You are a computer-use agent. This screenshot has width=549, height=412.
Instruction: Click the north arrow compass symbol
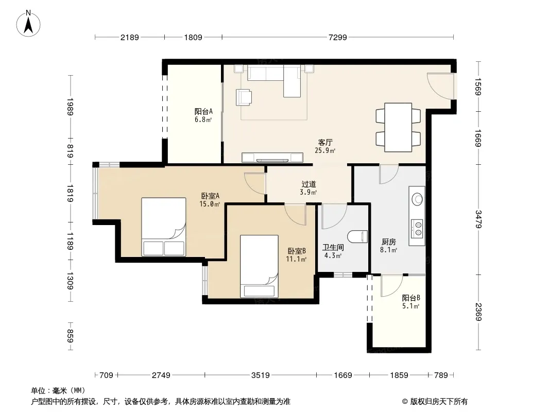point(28,24)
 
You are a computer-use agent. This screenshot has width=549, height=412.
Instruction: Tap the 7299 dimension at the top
point(337,38)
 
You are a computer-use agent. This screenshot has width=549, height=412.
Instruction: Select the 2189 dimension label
point(130,38)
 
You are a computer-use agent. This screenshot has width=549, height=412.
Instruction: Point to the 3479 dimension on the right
point(478,219)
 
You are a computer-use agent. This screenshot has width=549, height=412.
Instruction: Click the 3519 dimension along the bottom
point(261,375)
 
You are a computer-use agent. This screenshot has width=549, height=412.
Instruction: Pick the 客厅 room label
point(325,143)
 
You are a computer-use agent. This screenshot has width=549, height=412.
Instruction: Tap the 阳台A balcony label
point(203,112)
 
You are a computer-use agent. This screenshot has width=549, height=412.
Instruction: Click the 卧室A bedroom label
point(210,196)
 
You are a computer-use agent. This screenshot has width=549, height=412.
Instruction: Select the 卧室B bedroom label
point(297,251)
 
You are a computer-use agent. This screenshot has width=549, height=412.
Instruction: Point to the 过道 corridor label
point(309,184)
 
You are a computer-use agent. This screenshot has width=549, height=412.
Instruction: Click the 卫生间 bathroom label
point(333,248)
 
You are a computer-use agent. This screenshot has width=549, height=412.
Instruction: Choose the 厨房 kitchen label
point(389,242)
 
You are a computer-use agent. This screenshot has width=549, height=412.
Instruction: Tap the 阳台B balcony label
point(411,298)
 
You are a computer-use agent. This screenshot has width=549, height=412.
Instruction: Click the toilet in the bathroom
point(357,236)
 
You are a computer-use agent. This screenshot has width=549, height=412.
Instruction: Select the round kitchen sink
point(417,199)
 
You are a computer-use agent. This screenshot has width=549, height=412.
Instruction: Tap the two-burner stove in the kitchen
point(417,228)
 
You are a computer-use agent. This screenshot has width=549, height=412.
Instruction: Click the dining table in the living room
point(398,127)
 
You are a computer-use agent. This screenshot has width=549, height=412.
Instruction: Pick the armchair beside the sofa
point(244,97)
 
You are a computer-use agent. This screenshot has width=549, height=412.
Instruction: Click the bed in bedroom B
point(259,266)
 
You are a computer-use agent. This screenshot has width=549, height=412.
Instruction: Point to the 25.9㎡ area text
point(325,151)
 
